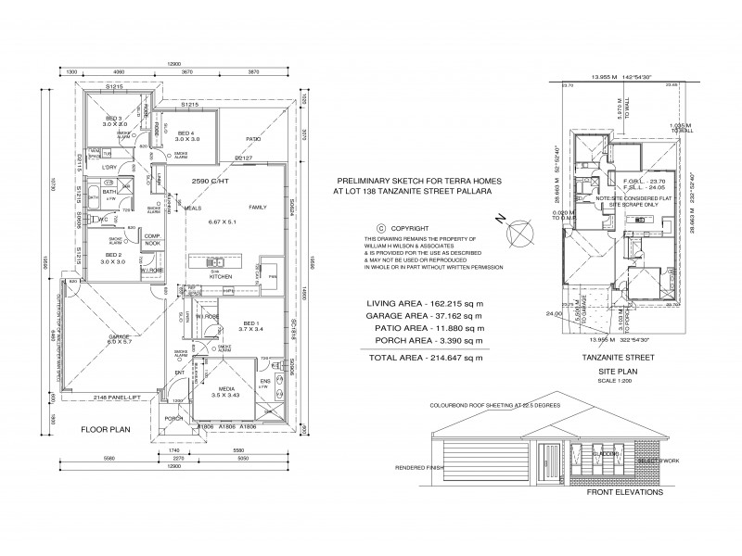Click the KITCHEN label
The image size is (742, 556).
pos(220,276)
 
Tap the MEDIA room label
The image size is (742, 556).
pos(225,389)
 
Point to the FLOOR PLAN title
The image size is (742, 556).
pos(103,430)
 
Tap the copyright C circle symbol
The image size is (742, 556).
pos(379,228)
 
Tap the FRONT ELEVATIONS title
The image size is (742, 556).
pos(625,493)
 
